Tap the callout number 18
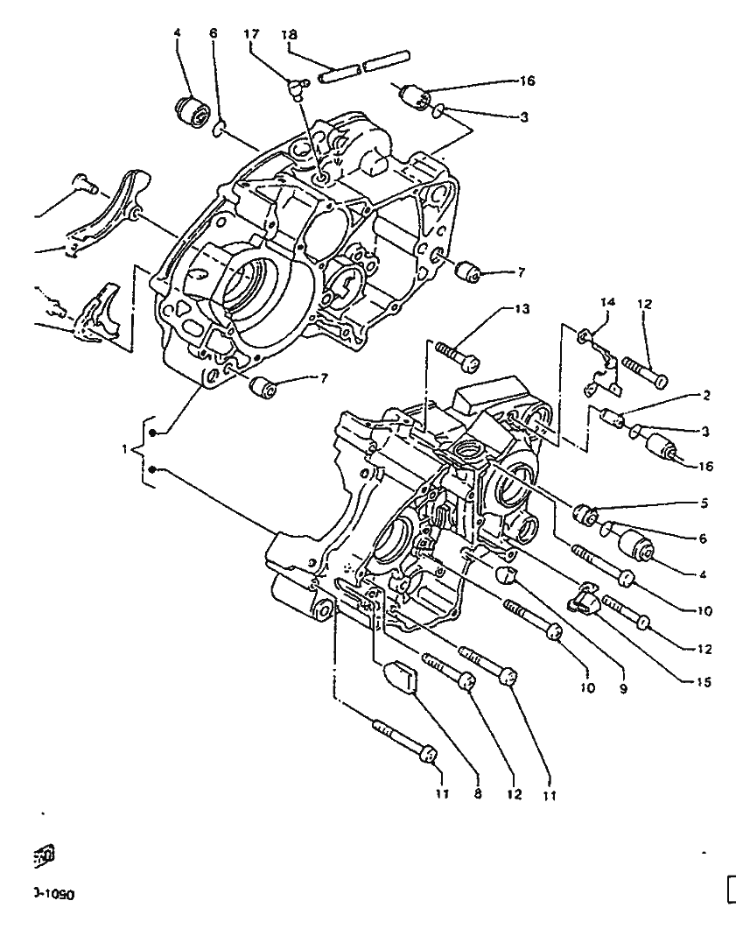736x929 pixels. pyautogui.click(x=290, y=34)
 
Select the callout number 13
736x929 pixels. pyautogui.click(x=522, y=309)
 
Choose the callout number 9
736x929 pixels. pyautogui.click(x=623, y=689)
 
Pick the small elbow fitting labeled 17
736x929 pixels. pyautogui.click(x=298, y=85)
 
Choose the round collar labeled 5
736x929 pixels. pyautogui.click(x=585, y=513)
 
